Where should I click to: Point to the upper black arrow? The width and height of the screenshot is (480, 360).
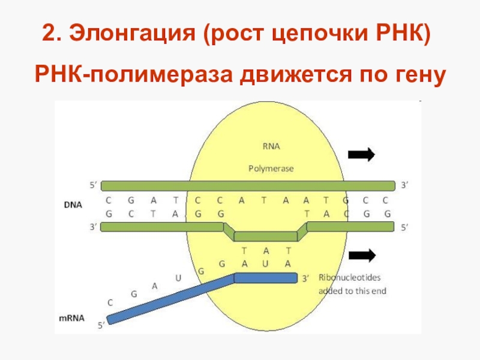[361, 155]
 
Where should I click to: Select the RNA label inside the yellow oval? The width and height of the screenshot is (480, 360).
[271, 146]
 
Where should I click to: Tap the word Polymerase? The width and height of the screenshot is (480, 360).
[271, 169]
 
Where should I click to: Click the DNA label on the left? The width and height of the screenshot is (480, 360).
[73, 205]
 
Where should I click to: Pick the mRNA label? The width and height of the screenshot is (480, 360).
[76, 317]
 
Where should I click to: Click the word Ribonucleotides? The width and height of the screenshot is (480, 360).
[349, 278]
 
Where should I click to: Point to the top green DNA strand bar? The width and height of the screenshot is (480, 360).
[248, 185]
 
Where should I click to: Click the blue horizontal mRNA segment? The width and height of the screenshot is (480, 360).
[266, 278]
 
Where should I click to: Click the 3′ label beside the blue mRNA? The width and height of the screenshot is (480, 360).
[305, 278]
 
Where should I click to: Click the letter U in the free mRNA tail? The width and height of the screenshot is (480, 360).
[178, 278]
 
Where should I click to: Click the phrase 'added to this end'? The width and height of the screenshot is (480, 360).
[351, 291]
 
